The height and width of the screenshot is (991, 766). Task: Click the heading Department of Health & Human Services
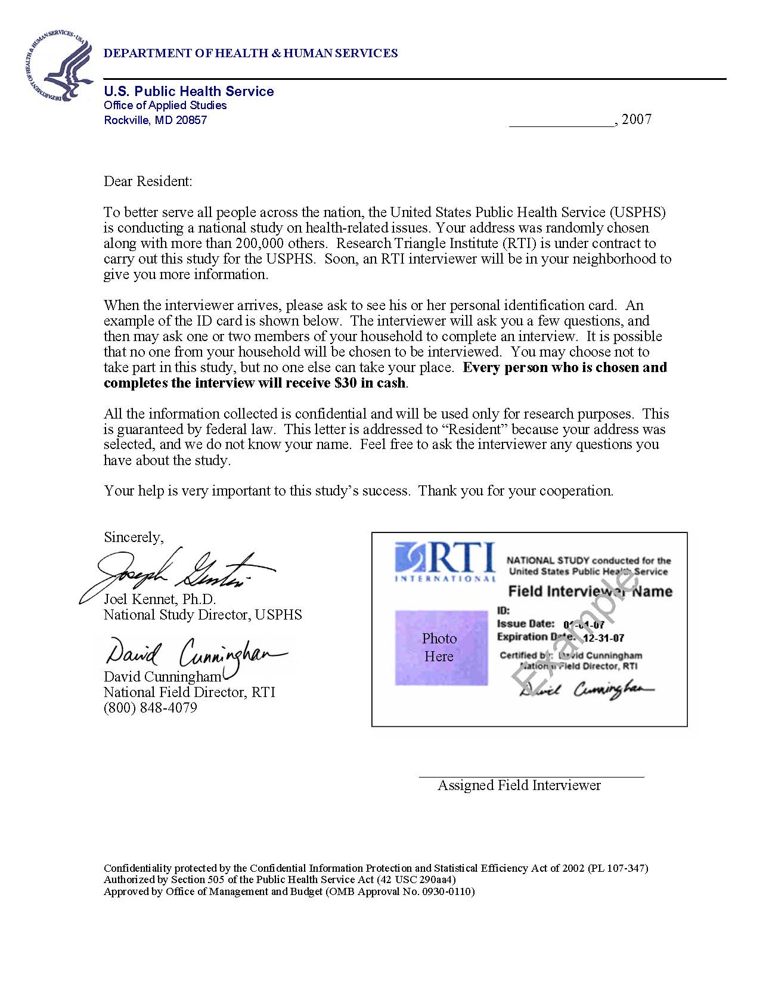click(250, 53)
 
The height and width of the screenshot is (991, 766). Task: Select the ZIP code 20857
click(191, 120)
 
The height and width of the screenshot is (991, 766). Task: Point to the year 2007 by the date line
click(637, 119)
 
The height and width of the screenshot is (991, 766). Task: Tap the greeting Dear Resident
click(148, 181)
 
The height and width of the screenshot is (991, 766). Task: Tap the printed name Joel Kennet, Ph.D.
click(160, 599)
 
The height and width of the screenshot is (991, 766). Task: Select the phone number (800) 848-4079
click(150, 708)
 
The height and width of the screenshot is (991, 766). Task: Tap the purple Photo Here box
click(441, 648)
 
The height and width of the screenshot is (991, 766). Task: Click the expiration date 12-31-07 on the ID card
click(603, 638)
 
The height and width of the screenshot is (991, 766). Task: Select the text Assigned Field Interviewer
click(519, 785)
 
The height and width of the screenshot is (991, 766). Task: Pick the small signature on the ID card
click(587, 690)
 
